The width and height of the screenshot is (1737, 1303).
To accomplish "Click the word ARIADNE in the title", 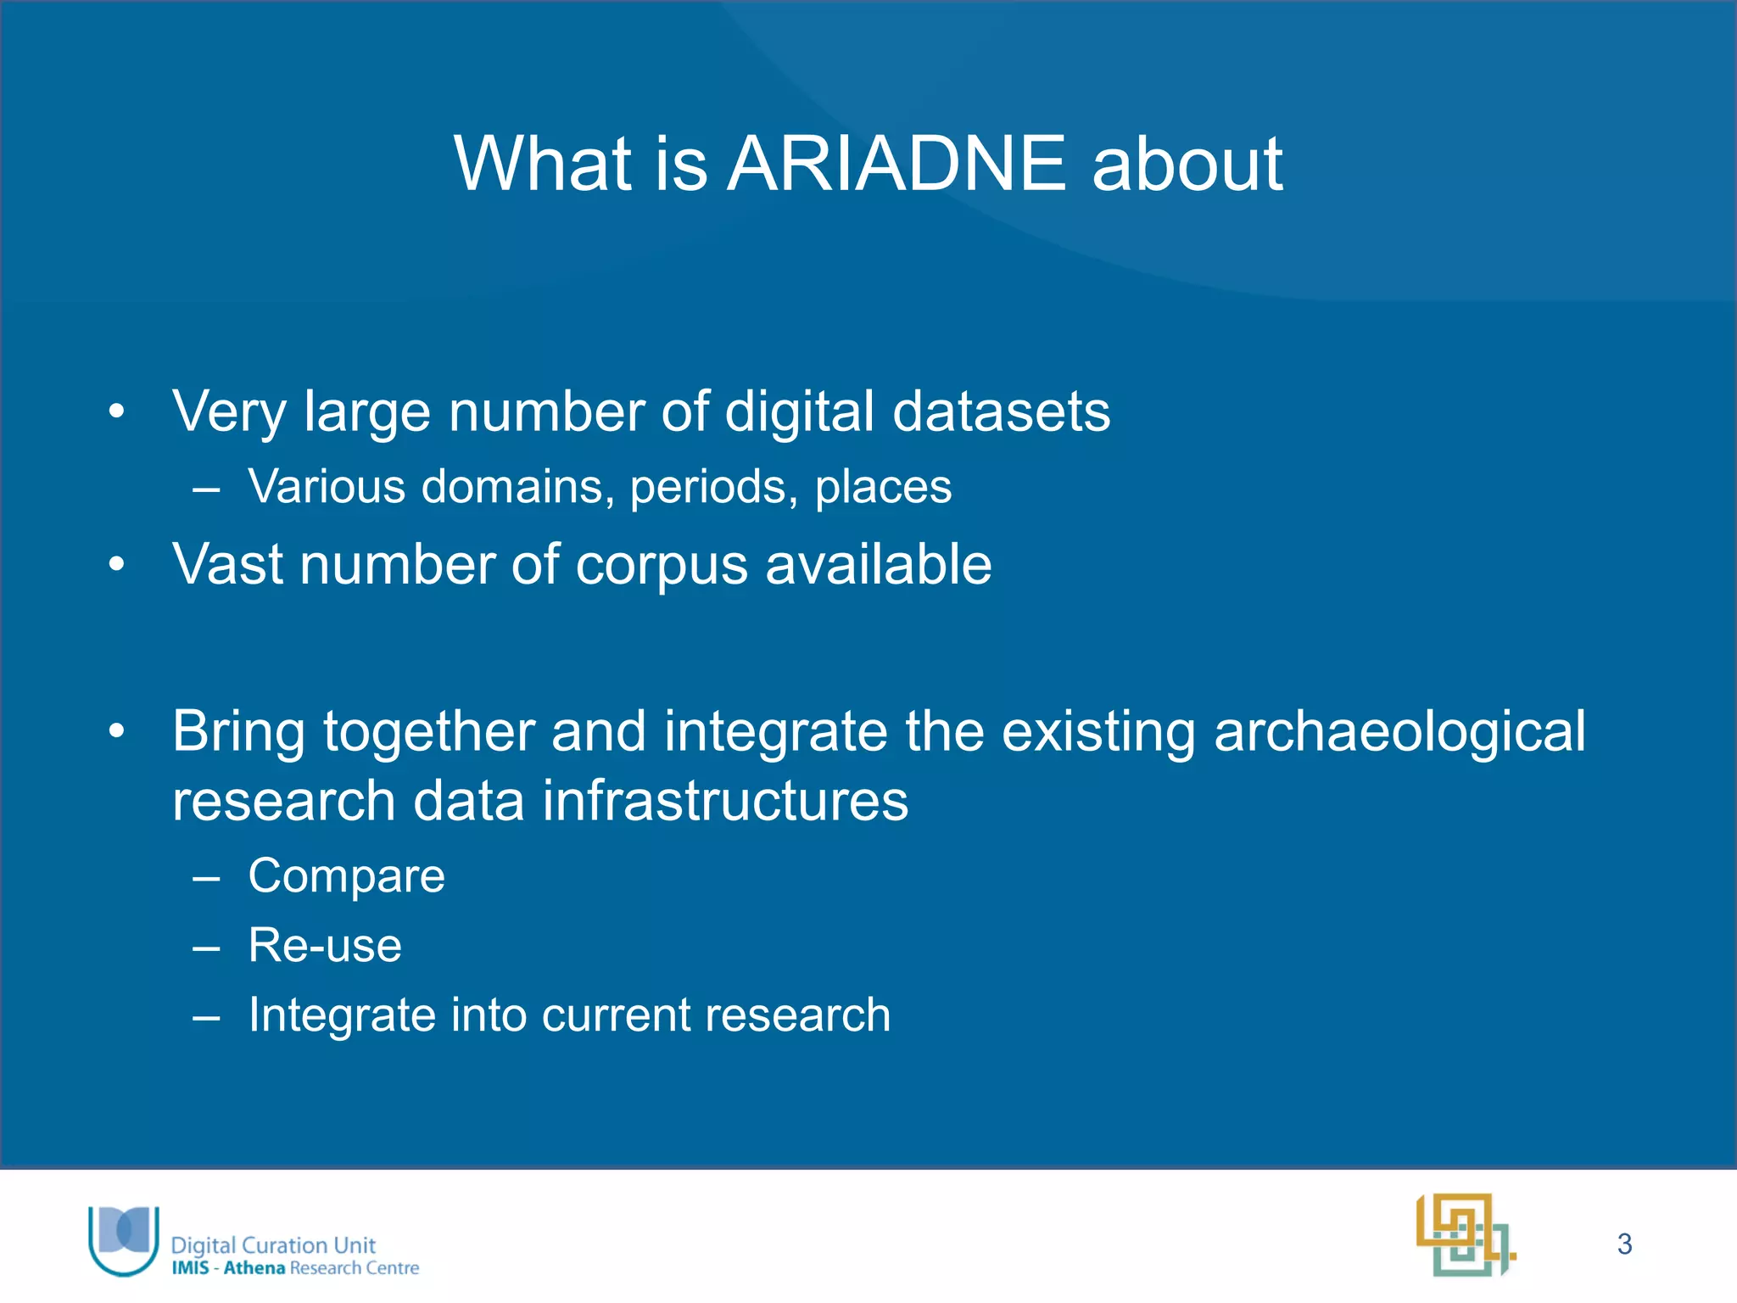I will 896,164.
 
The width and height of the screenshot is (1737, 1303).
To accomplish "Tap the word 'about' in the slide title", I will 1187,164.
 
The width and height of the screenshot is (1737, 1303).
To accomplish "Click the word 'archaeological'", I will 1399,731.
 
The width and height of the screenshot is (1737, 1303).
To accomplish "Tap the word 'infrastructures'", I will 724,801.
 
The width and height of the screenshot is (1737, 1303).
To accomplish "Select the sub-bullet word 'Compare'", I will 346,875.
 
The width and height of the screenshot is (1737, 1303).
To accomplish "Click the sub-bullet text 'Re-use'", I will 325,945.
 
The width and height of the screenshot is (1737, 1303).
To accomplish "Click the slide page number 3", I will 1624,1244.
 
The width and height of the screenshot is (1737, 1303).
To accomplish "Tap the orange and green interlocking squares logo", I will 1466,1235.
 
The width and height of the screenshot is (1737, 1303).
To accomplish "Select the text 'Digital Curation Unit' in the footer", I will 273,1244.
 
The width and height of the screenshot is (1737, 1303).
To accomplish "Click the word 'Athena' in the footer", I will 254,1268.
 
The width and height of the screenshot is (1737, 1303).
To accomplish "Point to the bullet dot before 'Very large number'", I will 117,412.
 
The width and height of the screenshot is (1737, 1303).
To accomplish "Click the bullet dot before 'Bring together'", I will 117,730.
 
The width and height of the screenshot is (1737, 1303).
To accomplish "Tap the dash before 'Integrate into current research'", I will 206,1016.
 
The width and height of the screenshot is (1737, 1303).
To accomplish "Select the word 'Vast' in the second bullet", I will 226,566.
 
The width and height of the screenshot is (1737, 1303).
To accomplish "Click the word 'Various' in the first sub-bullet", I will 327,488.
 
